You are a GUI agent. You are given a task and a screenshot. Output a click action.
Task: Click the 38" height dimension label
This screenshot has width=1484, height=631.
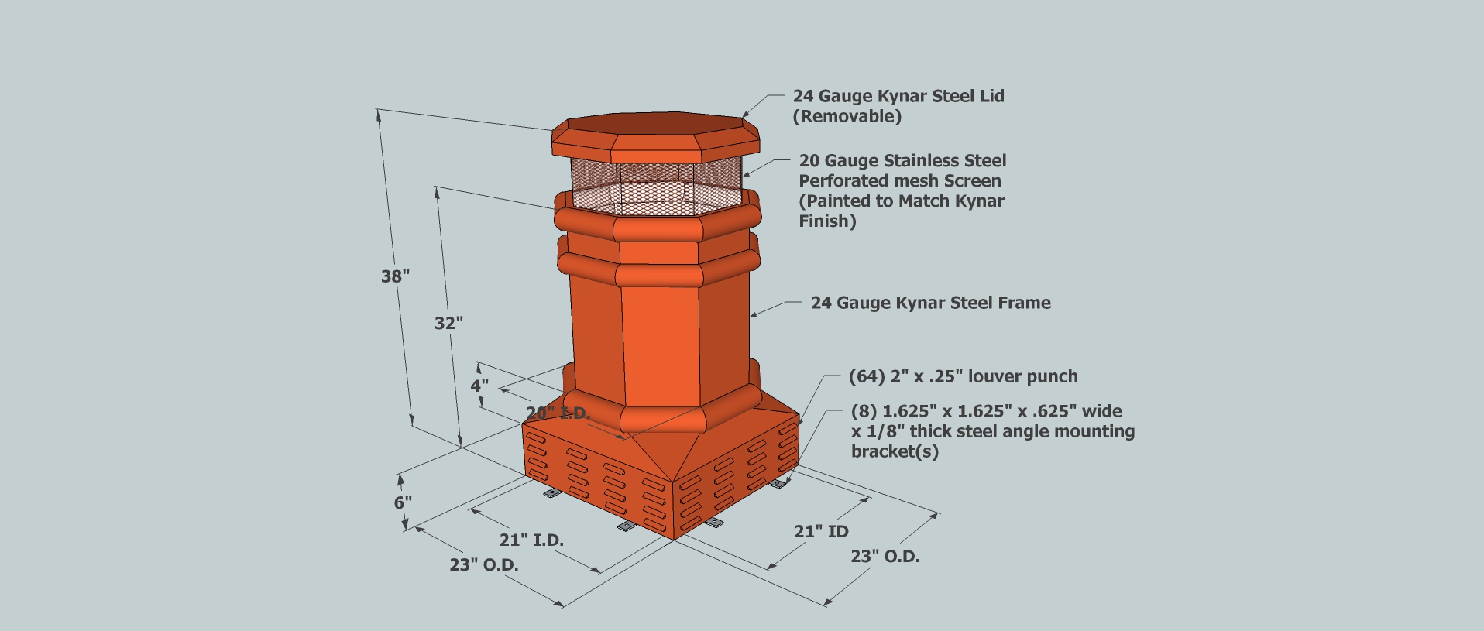[395, 276]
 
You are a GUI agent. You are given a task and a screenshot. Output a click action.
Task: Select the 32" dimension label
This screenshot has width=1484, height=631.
[448, 323]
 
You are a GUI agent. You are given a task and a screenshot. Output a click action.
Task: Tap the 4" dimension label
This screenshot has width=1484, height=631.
[479, 385]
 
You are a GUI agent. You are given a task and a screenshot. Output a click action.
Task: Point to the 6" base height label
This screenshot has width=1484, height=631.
[403, 502]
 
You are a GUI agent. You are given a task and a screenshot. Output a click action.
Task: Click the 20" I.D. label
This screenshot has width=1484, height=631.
[558, 413]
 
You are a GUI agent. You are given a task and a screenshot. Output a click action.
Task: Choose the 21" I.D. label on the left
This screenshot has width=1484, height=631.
[531, 540]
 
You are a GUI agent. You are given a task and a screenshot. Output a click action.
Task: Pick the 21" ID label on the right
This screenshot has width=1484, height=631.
[821, 531]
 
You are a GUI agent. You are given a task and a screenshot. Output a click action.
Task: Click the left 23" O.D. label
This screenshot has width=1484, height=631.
[484, 565]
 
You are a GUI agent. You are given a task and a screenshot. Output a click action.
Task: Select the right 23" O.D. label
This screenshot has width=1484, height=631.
[885, 556]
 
